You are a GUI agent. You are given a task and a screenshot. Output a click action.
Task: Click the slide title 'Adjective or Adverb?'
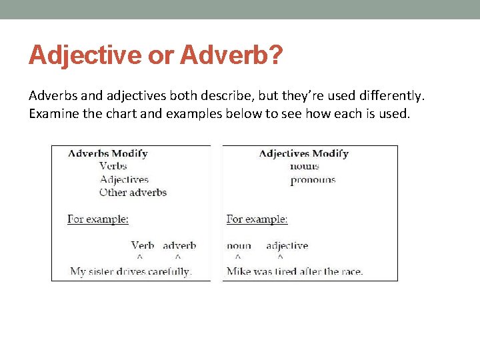tap(155, 55)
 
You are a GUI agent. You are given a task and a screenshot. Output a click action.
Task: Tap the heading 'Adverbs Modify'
tap(107, 153)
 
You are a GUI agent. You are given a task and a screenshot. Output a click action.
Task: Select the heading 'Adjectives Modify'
tap(303, 153)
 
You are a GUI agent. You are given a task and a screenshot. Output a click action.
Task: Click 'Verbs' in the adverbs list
tap(113, 166)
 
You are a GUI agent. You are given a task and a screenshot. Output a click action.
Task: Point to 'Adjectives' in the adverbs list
tap(124, 179)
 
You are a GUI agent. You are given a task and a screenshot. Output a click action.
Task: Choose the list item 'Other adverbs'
tap(133, 193)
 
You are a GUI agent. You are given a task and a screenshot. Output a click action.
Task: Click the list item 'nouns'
tap(305, 166)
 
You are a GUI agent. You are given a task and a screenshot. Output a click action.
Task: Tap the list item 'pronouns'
tap(313, 179)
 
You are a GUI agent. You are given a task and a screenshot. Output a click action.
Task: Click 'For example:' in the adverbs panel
tap(98, 219)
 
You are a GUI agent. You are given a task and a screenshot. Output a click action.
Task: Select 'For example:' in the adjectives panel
tap(257, 219)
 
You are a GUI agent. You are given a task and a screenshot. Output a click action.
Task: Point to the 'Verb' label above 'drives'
tap(143, 245)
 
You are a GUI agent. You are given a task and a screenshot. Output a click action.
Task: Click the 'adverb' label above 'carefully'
tap(179, 245)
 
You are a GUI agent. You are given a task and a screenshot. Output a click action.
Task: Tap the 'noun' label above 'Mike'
tap(239, 245)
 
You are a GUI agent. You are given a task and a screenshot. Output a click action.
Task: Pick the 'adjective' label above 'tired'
tap(287, 245)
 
